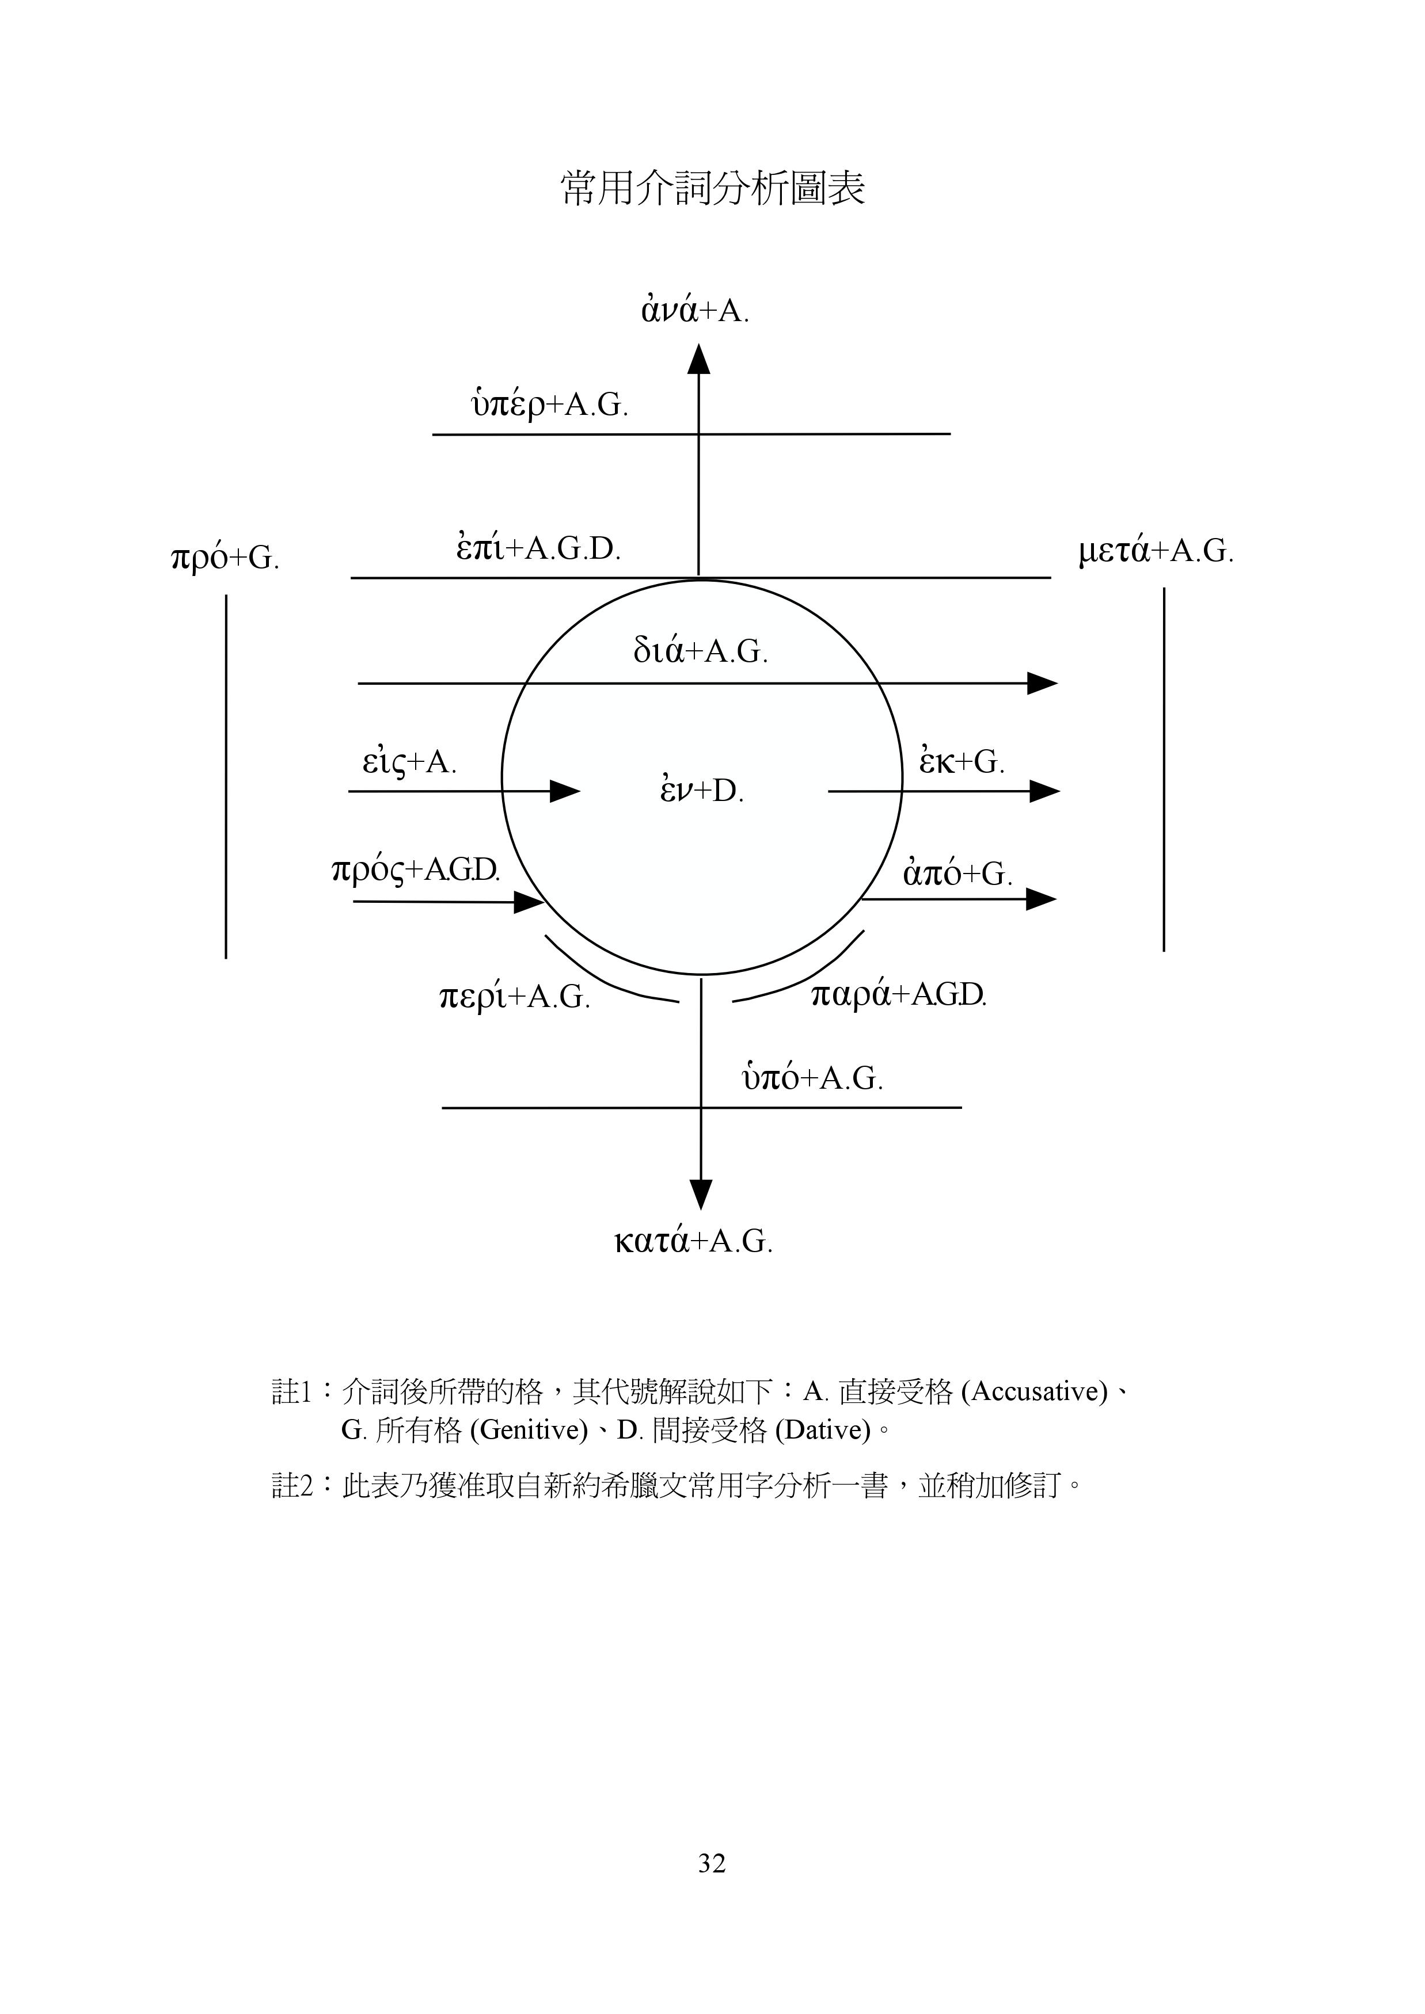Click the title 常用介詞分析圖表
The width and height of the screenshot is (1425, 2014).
pos(713,188)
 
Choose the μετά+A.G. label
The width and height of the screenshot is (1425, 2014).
pos(1156,552)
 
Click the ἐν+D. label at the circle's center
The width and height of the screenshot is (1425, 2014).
pos(702,789)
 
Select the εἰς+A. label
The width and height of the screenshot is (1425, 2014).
pos(410,761)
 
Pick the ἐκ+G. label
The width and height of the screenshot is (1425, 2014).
pos(962,761)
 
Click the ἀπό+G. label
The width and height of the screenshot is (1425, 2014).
pos(958,873)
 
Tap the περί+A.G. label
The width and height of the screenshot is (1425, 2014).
pos(514,997)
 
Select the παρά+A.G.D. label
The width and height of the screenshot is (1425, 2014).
pos(899,995)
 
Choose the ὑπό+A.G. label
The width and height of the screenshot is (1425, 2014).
pos(812,1077)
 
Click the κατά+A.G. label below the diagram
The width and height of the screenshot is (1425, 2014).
pos(693,1241)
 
